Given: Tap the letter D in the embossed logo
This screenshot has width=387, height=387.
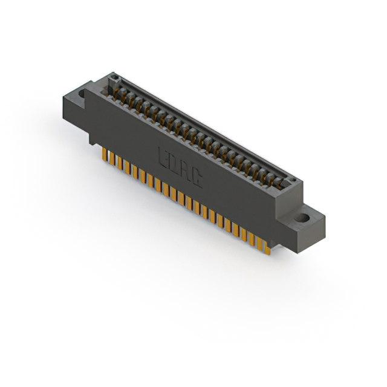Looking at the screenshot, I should pyautogui.click(x=174, y=161).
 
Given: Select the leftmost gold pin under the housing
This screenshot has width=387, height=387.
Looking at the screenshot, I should pyautogui.click(x=103, y=155).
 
